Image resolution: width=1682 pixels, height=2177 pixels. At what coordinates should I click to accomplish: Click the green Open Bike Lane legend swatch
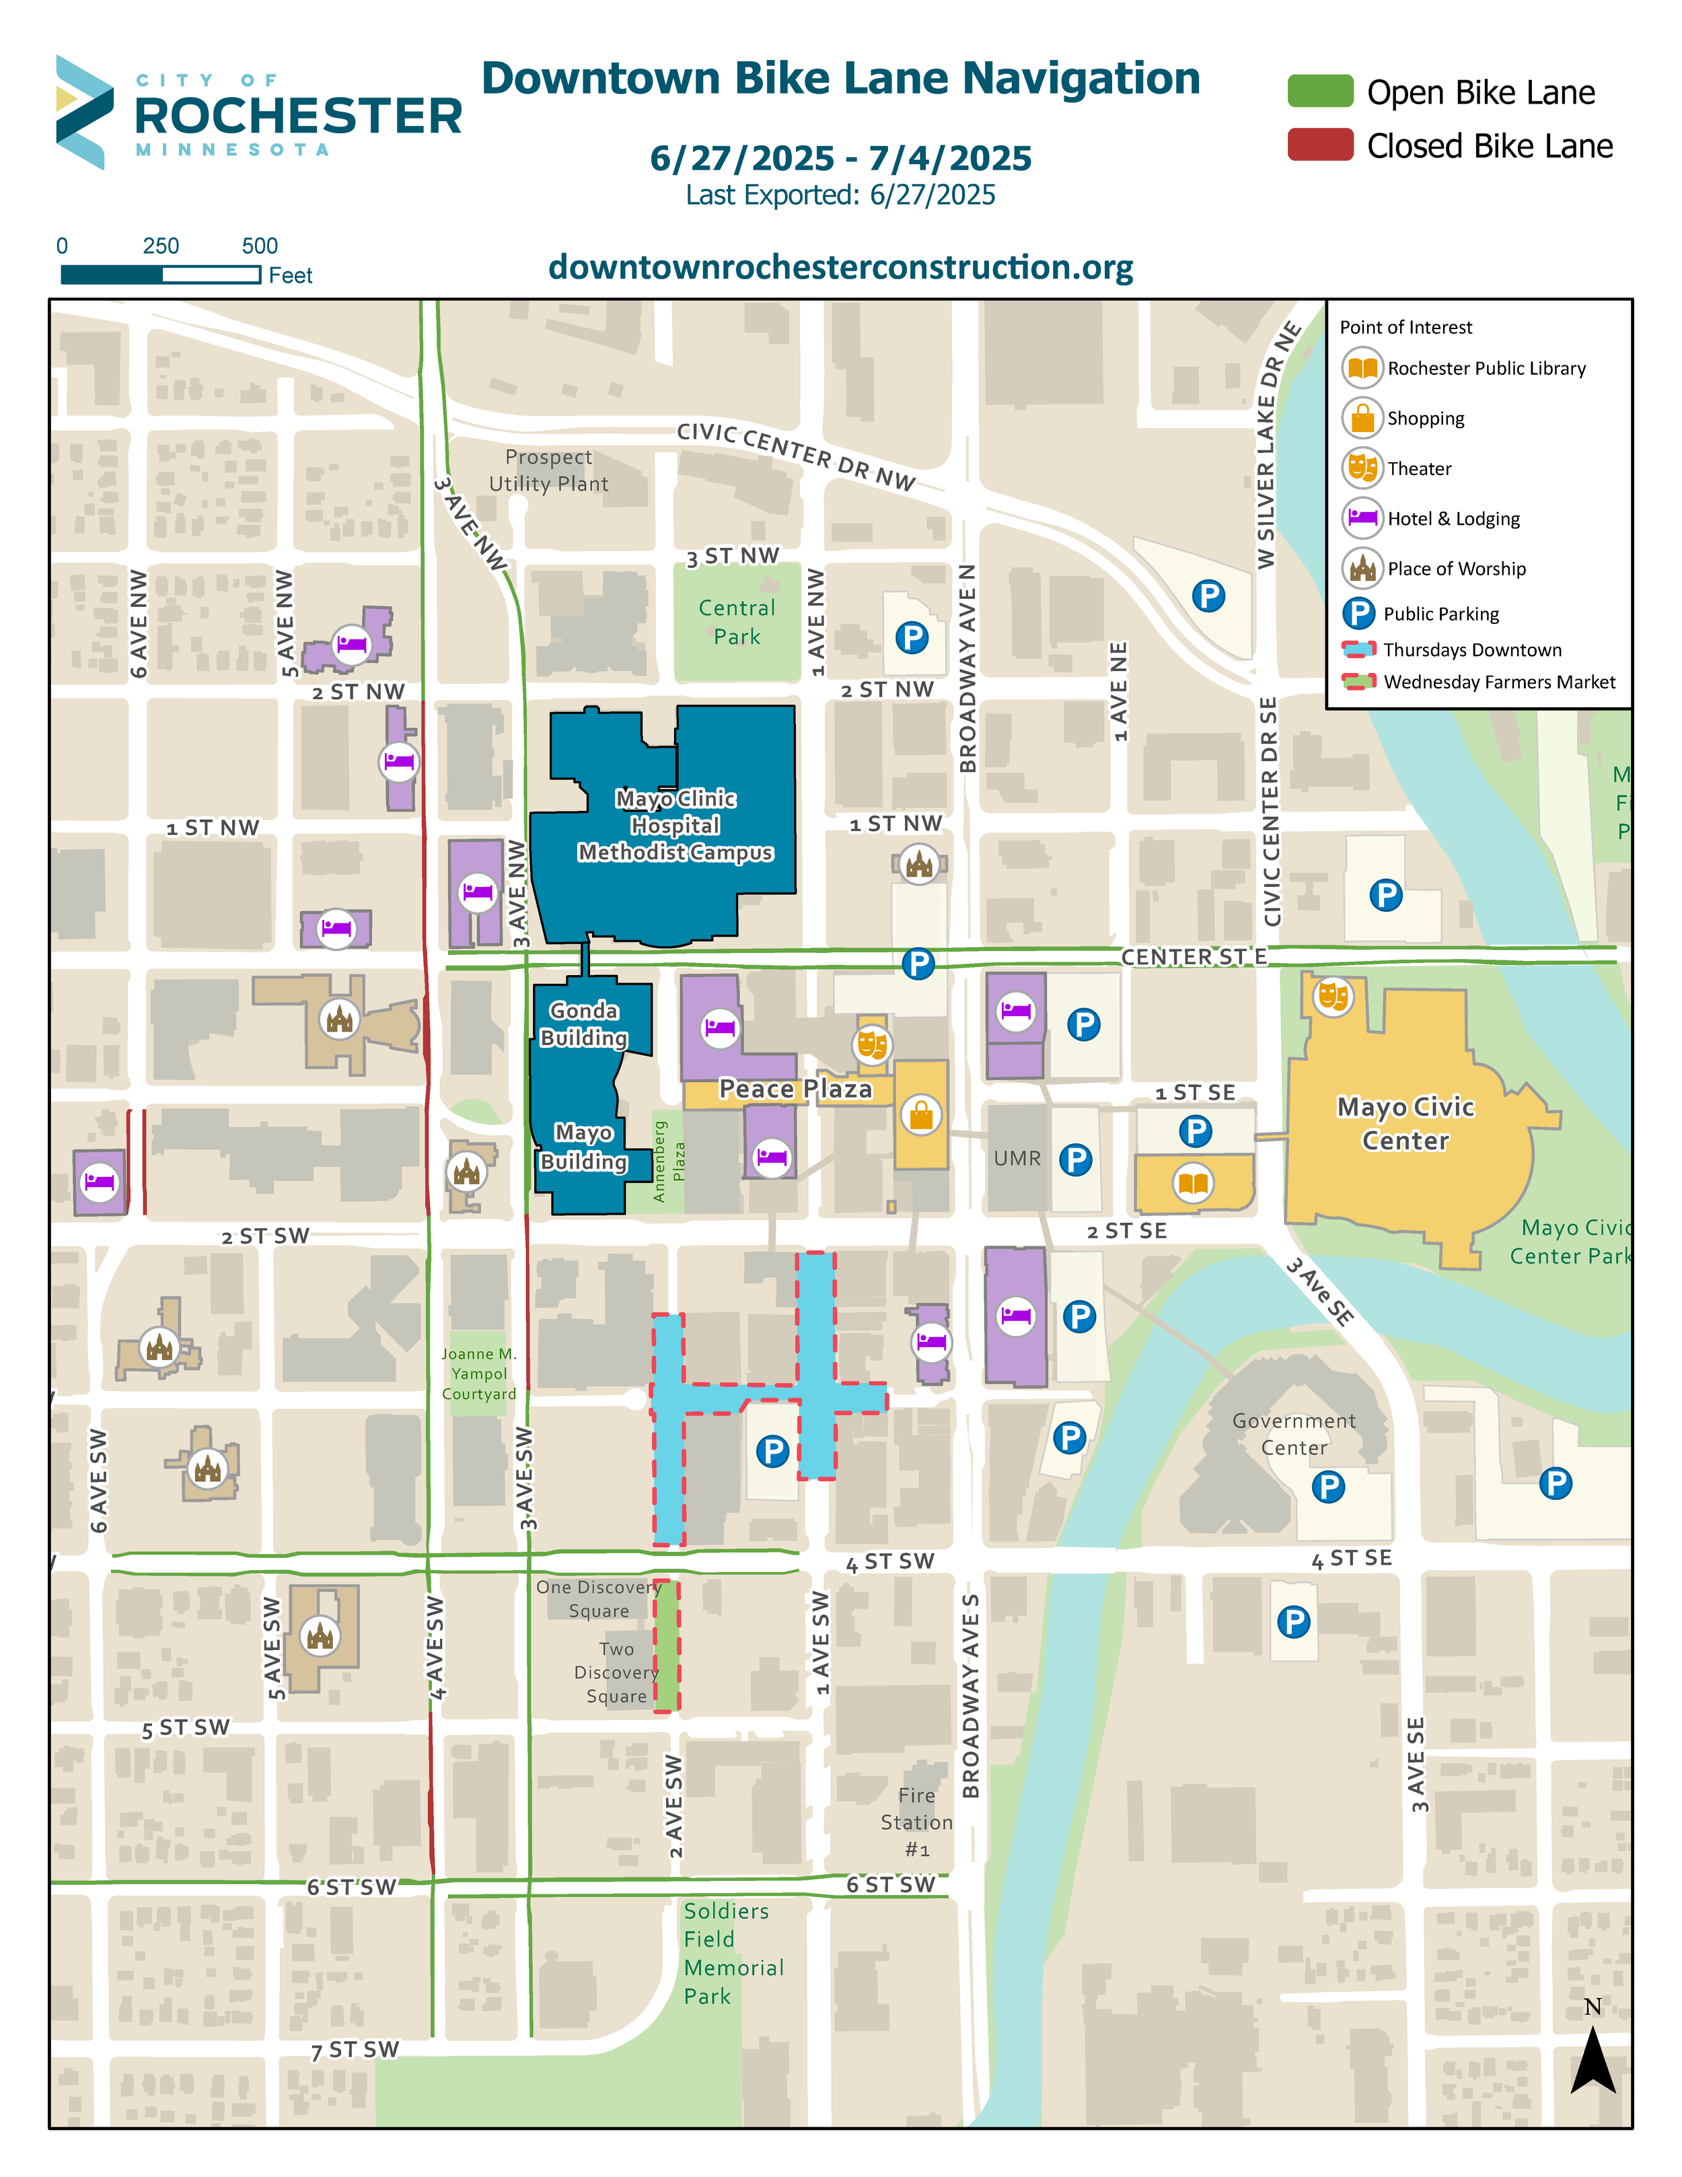1319,91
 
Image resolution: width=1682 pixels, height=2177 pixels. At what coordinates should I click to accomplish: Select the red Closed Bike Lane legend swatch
1319,145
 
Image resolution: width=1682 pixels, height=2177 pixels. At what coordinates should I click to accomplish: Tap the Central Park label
736,622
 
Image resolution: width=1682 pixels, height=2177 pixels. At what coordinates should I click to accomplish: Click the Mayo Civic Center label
1405,1123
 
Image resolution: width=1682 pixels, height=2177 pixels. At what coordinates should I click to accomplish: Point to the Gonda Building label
584,1024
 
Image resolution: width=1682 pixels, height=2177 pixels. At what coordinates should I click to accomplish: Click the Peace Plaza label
795,1090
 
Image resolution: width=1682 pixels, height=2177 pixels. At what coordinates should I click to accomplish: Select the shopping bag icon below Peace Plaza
920,1114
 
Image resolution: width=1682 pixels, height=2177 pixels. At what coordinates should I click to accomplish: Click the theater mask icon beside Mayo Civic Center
1332,995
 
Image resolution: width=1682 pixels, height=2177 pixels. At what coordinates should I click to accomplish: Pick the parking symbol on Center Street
918,964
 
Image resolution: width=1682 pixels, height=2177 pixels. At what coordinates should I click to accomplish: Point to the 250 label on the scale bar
160,246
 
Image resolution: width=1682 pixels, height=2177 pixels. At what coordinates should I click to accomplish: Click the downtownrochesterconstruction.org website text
840,267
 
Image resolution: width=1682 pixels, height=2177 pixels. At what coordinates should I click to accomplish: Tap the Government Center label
1293,1433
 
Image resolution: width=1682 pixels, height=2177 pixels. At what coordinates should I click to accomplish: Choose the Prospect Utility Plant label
548,470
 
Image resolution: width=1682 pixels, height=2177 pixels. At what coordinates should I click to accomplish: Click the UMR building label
1017,1158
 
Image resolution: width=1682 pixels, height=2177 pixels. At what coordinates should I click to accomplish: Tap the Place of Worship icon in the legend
1361,568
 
